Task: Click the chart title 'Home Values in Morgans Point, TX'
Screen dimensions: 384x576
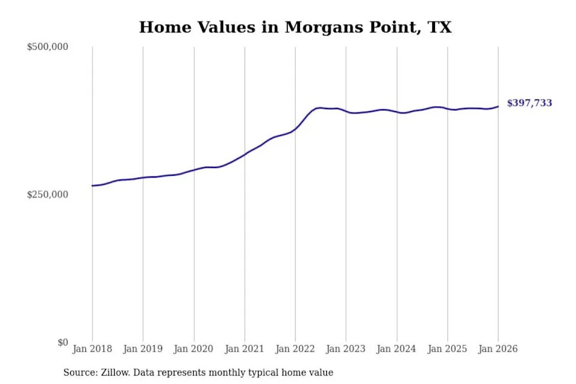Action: [x=295, y=27]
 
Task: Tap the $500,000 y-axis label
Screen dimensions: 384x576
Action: [x=47, y=47]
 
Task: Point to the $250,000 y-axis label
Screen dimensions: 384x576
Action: [x=47, y=194]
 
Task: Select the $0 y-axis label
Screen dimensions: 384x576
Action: [x=63, y=342]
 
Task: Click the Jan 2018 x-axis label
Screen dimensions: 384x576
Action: [x=92, y=349]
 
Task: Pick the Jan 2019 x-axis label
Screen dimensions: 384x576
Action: [x=143, y=349]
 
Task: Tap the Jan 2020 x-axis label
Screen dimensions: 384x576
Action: [x=194, y=349]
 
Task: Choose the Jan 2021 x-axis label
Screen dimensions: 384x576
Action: [x=244, y=349]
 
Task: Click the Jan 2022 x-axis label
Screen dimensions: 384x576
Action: [x=295, y=349]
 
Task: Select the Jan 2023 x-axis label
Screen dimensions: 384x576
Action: [x=346, y=349]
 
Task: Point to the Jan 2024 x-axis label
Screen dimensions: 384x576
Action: [x=397, y=349]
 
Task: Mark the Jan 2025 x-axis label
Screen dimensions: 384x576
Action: [x=447, y=349]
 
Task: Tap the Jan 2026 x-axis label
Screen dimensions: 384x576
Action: [x=498, y=349]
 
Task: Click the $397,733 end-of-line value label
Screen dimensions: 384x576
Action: [x=529, y=103]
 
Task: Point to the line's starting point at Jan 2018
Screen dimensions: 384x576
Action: [x=92, y=185]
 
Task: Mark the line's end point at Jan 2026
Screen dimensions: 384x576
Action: [x=498, y=107]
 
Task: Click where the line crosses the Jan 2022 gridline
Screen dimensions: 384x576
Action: [x=295, y=128]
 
